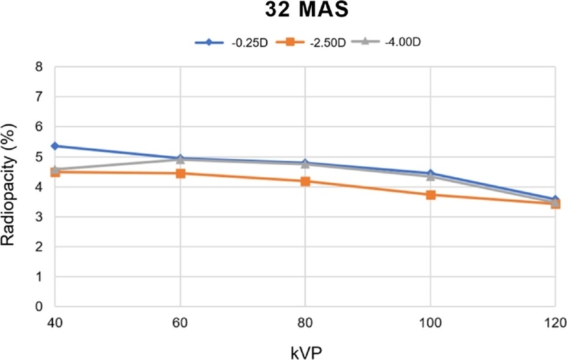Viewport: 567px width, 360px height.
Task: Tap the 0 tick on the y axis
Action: click(x=40, y=306)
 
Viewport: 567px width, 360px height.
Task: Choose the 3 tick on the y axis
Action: click(x=40, y=217)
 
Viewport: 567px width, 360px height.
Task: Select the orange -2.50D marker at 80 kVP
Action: click(x=305, y=181)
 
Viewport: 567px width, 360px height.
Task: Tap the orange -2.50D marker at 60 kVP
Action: click(x=181, y=173)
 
